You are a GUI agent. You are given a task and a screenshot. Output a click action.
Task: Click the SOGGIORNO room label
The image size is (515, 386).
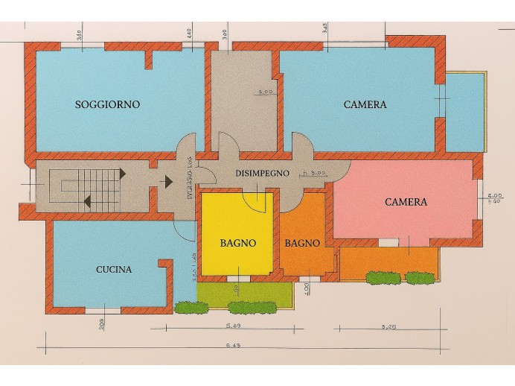pyautogui.click(x=107, y=104)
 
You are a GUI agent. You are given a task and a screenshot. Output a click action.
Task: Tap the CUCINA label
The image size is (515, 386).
pyautogui.click(x=114, y=270)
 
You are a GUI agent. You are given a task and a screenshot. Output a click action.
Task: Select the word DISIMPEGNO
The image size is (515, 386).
pyautogui.click(x=261, y=173)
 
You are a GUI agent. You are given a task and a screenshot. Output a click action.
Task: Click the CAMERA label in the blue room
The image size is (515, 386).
pyautogui.click(x=365, y=105)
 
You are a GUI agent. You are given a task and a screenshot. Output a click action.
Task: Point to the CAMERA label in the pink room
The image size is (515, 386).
pyautogui.click(x=406, y=202)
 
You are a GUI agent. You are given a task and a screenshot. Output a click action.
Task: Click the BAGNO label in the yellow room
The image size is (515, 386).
pyautogui.click(x=238, y=243)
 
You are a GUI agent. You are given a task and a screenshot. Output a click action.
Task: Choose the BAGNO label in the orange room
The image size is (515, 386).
pyautogui.click(x=302, y=243)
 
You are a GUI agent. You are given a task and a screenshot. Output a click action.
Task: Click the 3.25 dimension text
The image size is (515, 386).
pyautogui.click(x=388, y=326)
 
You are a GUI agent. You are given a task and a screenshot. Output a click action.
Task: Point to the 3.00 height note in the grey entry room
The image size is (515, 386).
pyautogui.click(x=264, y=92)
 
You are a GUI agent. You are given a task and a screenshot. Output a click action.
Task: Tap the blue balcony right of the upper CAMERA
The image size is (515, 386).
pyautogui.click(x=465, y=112)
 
